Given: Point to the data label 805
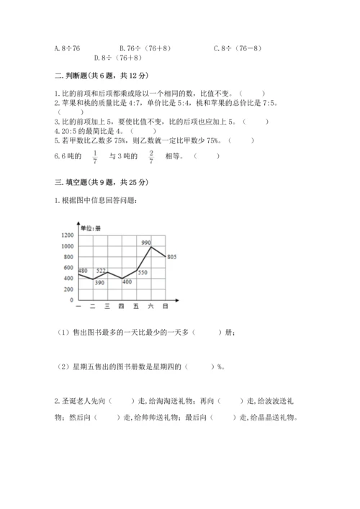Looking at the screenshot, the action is pos(172,257).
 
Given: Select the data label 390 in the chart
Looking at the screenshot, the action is pos(99,283).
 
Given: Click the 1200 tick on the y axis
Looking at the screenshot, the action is pos(68,235).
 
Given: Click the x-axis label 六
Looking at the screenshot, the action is pos(150,307).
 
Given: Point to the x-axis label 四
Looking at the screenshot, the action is pos(121,307).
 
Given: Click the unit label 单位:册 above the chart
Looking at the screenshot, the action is pos(92,228).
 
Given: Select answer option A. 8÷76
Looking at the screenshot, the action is pos(68,48).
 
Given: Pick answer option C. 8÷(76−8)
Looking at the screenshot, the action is pos(238,48).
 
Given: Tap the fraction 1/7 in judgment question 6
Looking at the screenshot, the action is pos(96,158).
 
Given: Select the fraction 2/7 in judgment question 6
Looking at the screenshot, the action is pos(151,158).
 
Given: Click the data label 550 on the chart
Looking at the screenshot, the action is pos(142,272).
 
